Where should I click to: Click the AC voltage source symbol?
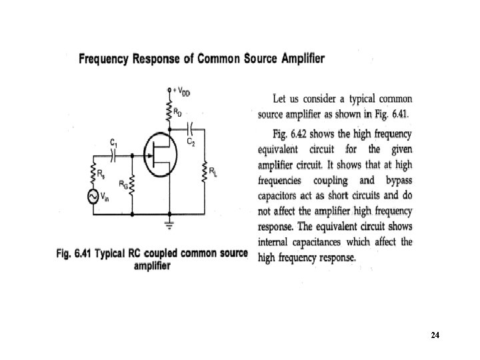tap(93, 197)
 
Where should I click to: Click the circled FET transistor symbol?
tap(159, 157)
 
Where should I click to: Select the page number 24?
tap(435, 335)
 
